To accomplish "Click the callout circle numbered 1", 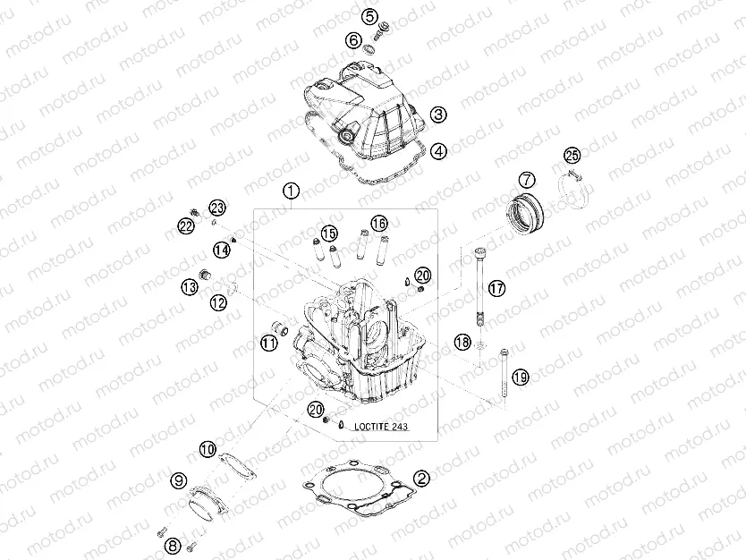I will coord(289,191).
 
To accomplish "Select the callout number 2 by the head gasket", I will coord(420,479).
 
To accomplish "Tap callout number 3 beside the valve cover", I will coord(437,115).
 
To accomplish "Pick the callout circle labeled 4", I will coord(437,151).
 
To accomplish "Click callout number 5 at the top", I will coord(370,16).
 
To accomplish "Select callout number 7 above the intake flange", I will coord(527,180).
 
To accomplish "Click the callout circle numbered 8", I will coord(173,544).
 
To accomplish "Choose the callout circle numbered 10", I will coord(207,449).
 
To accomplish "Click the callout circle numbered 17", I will coord(267,342).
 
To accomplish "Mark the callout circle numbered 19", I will coord(218,302).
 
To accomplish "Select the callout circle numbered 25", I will coord(189,286).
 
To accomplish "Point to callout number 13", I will coord(189,286).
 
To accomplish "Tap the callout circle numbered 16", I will coord(378,222).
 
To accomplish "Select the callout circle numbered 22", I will coord(186,227).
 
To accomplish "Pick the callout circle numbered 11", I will coord(267,342).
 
